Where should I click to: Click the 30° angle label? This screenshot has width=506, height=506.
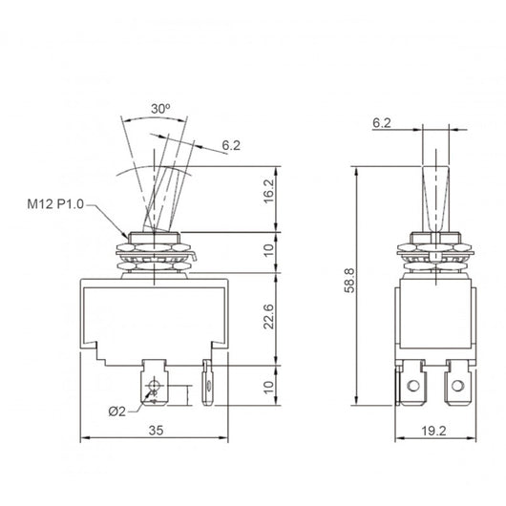tap(160, 110)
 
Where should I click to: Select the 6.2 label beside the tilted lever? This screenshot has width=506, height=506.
tap(230, 145)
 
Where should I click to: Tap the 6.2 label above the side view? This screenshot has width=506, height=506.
tap(381, 123)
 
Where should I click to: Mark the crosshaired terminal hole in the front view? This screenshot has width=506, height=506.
tap(153, 385)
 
